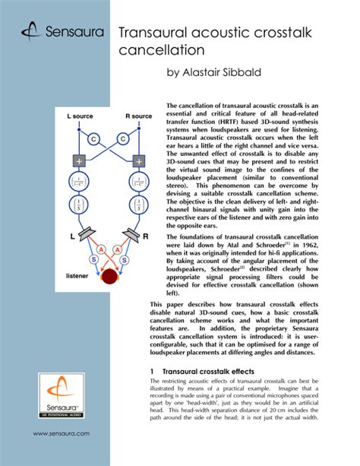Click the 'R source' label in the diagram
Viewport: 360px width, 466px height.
point(138,116)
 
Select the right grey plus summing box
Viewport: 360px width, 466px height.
point(139,161)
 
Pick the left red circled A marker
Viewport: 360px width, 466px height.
point(96,249)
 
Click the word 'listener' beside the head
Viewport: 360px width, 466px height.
point(77,276)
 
